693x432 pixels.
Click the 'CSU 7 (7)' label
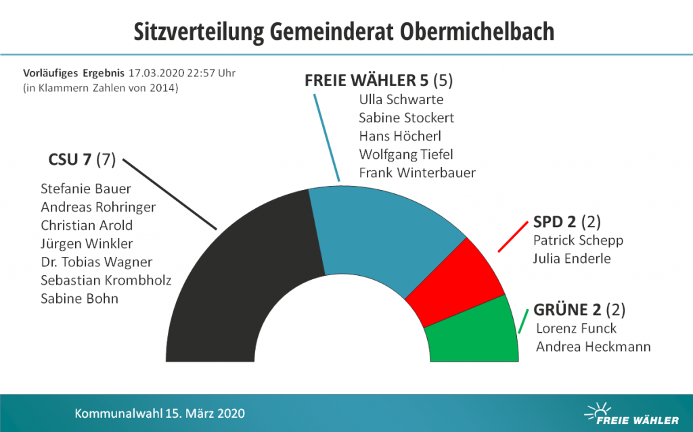pos(82,160)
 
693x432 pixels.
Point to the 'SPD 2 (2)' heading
pos(566,222)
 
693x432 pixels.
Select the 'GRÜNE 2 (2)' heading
pos(579,310)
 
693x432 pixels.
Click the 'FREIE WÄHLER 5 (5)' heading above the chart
pos(378,80)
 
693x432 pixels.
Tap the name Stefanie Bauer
pos(86,189)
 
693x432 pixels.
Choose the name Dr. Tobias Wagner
pos(96,262)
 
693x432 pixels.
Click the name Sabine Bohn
pos(79,298)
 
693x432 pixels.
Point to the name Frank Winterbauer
pos(417,172)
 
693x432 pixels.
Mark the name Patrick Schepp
pos(578,240)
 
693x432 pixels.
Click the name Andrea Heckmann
pos(593,347)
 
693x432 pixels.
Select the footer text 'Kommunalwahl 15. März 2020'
pos(160,413)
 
